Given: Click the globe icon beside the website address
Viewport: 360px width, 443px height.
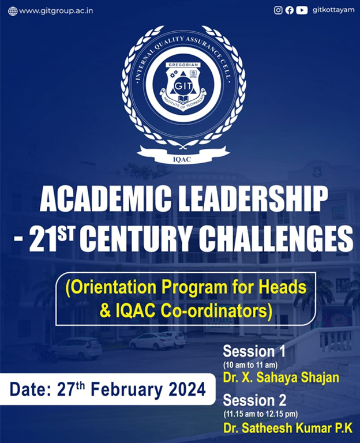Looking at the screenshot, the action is (x=13, y=12).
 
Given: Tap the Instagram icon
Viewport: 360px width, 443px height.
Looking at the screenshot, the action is (x=278, y=10).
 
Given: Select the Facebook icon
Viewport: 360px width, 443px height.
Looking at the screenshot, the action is (x=290, y=10).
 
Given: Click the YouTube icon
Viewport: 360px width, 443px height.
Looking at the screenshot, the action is (x=302, y=10).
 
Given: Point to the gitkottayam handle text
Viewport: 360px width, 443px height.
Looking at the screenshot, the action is (x=333, y=10).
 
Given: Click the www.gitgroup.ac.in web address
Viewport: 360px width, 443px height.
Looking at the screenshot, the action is (x=56, y=11).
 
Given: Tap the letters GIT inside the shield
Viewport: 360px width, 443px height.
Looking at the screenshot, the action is (x=183, y=86).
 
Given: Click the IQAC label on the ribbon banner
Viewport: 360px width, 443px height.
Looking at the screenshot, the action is (x=182, y=160).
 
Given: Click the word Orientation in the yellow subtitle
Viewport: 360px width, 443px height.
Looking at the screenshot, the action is (x=115, y=287).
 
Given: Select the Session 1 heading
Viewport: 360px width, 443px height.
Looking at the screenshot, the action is (x=254, y=351).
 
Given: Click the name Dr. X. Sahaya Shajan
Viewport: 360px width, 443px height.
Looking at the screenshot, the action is (x=281, y=378).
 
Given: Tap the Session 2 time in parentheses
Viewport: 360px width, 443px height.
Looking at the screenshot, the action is (x=261, y=414).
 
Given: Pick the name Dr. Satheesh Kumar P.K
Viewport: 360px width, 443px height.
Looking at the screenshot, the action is (x=288, y=428).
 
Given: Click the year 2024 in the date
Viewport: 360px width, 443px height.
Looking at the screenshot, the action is (x=187, y=390).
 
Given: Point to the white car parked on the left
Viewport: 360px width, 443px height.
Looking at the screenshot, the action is (x=77, y=348).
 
